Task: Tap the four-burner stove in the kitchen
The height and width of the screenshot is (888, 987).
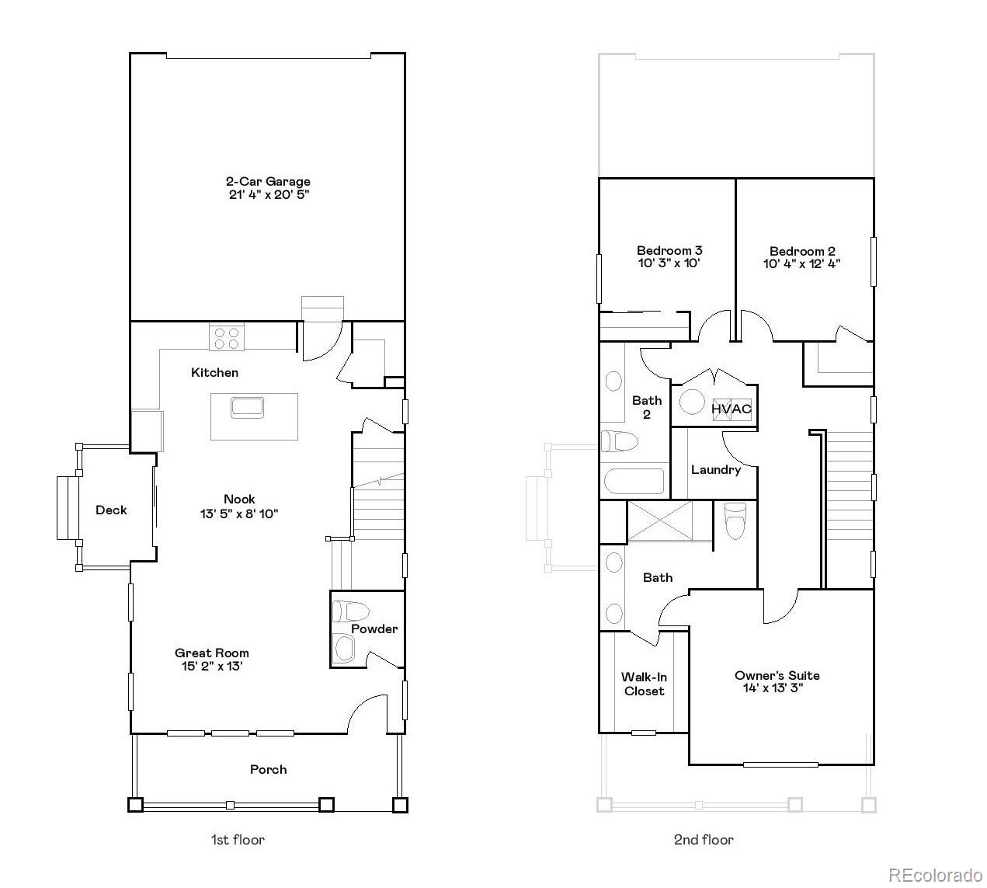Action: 227,337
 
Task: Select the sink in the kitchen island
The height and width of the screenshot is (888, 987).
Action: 247,407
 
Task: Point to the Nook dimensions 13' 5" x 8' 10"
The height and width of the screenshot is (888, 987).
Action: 239,514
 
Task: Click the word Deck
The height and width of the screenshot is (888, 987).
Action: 111,510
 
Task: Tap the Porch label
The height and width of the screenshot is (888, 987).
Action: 268,770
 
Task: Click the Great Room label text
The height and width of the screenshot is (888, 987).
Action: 212,653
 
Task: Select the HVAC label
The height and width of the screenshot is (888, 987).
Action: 732,409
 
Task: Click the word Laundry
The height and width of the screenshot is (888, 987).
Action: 716,470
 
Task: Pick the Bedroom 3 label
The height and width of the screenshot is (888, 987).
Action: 669,250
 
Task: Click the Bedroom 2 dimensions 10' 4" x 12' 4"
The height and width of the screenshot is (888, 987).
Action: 802,264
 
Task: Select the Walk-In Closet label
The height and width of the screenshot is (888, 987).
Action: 644,684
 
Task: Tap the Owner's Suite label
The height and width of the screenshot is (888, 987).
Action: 777,675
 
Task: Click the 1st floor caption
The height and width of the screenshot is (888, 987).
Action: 238,840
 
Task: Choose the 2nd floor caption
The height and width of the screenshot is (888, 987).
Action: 704,840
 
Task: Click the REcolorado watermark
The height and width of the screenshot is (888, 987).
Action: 935,876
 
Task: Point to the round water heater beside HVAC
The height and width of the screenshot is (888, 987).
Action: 692,402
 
